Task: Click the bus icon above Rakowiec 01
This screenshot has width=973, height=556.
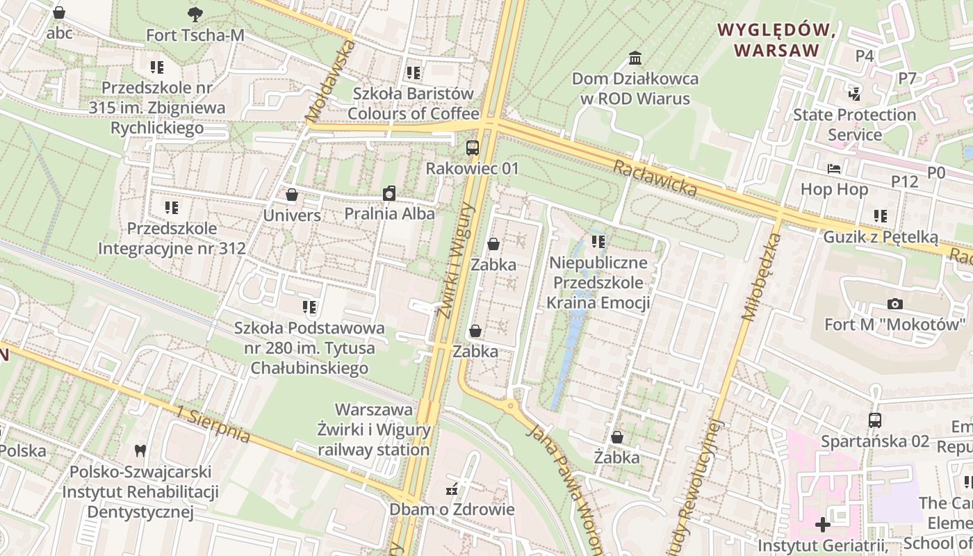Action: click(473, 147)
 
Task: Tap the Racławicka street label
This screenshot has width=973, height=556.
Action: click(655, 178)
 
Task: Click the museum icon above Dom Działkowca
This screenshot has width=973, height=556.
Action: click(635, 58)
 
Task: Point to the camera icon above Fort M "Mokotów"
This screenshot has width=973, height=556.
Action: click(895, 304)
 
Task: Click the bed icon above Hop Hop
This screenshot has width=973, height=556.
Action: click(834, 169)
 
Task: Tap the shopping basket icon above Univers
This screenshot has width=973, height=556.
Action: click(292, 195)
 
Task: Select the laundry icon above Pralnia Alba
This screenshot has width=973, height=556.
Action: click(389, 193)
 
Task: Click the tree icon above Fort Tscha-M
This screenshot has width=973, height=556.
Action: click(195, 13)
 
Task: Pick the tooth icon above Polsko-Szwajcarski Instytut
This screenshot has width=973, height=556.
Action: click(140, 450)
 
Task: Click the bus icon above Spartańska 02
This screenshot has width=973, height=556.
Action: click(875, 420)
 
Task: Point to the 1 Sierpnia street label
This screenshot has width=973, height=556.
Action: click(213, 424)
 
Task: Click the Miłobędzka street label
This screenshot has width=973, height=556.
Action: click(762, 277)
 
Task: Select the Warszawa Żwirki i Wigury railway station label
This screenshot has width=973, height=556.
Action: click(374, 430)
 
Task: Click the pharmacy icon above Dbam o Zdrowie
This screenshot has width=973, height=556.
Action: click(452, 489)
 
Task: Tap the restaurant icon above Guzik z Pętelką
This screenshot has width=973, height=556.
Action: click(881, 216)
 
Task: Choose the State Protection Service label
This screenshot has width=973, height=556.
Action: click(854, 124)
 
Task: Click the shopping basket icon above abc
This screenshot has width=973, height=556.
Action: click(59, 13)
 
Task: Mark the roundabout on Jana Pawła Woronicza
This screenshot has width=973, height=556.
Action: click(511, 405)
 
